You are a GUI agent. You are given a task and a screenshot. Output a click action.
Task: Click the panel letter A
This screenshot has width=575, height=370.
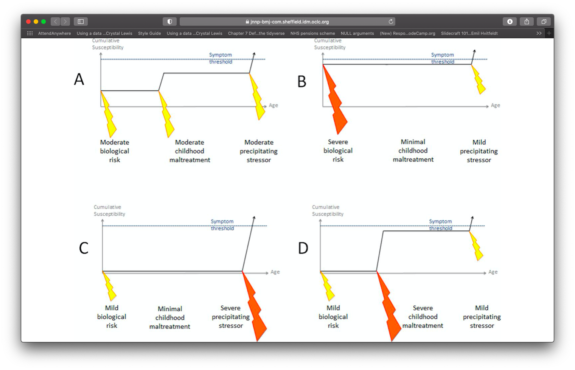[x=79, y=79]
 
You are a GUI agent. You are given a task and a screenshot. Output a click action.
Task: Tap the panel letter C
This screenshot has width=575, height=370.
[x=84, y=248]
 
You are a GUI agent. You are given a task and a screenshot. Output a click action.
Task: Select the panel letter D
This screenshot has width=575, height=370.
[x=303, y=248]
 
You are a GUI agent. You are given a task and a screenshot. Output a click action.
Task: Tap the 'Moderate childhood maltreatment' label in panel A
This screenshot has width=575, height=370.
[x=190, y=151]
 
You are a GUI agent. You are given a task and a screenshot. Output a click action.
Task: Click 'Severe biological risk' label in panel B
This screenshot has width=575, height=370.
[x=338, y=151]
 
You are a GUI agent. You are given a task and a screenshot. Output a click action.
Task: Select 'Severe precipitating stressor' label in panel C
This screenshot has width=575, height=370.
[x=230, y=317]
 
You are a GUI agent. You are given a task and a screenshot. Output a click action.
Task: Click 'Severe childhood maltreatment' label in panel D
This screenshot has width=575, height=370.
[x=423, y=317]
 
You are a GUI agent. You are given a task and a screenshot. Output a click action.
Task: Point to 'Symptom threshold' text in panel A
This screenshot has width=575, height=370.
[x=221, y=58]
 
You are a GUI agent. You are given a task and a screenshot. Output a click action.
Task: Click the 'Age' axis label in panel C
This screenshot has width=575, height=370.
[x=275, y=272]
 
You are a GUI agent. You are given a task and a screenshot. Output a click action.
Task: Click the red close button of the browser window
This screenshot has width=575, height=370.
[x=28, y=22]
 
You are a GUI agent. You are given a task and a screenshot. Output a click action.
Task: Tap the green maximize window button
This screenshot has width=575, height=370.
[x=44, y=22]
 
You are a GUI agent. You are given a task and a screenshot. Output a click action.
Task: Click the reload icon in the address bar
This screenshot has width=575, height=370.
[x=391, y=22]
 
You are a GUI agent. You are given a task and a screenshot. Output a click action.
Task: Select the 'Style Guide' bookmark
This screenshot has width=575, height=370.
[x=149, y=33]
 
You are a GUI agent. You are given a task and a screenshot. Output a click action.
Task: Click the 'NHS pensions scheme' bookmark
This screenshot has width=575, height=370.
[x=312, y=33]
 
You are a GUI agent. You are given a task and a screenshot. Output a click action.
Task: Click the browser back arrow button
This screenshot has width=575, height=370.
[x=55, y=22]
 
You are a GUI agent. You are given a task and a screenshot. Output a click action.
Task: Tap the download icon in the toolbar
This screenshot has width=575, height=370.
[x=510, y=22]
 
